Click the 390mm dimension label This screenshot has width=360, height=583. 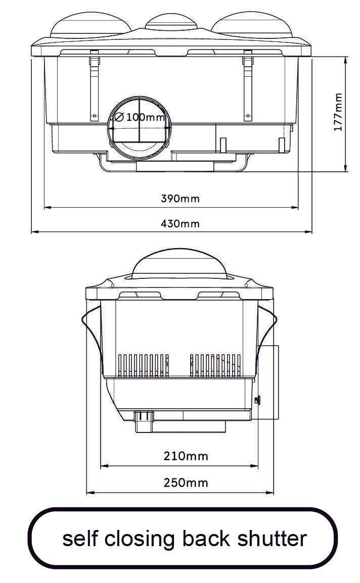pos(180,199)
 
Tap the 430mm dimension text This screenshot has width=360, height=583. pos(180,223)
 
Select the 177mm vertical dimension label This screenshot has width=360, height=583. pos(338,112)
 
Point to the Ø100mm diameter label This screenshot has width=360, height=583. pos(140,117)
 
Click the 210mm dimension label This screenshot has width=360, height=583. pos(186,456)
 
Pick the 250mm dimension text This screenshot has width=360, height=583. pos(186,482)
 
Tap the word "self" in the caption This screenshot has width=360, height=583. pos(81,539)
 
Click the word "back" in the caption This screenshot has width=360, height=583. pos(206,539)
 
